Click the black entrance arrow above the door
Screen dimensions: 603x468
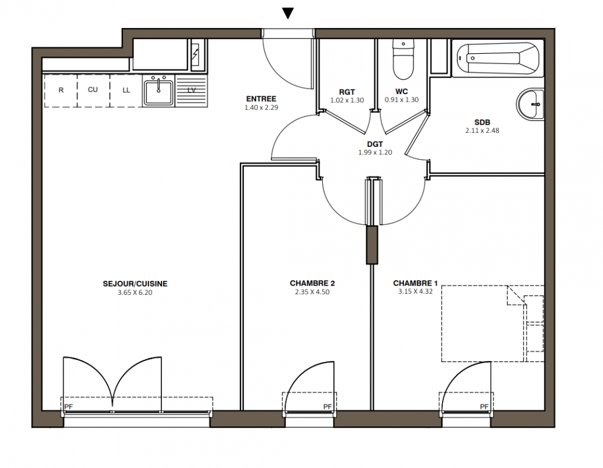[x=288, y=13]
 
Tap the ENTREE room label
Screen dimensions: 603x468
[x=261, y=99]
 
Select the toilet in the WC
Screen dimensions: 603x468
[x=403, y=60]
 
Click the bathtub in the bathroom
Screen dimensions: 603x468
[x=498, y=58]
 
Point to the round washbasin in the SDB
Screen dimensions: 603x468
[x=530, y=104]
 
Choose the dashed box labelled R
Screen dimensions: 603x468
[x=61, y=90]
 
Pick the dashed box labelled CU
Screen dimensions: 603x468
[x=94, y=90]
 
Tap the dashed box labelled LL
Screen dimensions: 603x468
[x=126, y=90]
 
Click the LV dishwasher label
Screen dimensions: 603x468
[x=191, y=90]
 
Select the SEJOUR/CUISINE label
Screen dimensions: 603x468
[x=135, y=284]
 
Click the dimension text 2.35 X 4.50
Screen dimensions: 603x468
[x=312, y=292]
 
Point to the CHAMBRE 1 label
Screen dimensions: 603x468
[x=415, y=283]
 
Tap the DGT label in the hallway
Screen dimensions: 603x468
[x=375, y=144]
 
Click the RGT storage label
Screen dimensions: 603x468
[x=347, y=92]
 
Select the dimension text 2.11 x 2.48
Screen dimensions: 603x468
[x=483, y=130]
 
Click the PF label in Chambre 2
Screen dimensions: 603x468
[x=328, y=407]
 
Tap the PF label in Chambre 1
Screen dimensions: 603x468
[x=484, y=407]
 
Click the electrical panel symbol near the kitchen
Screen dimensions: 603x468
[x=196, y=55]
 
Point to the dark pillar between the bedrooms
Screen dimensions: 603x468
[x=372, y=245]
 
